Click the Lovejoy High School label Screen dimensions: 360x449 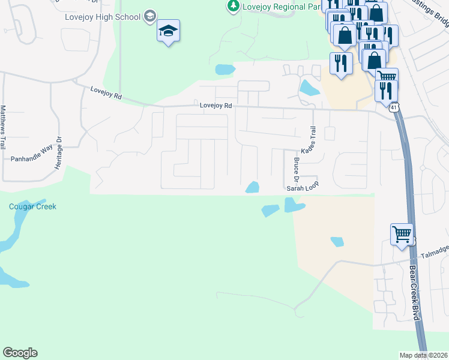[x=102, y=17]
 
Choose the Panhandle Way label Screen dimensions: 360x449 [x=32, y=160]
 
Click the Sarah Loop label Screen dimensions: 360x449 [x=301, y=188]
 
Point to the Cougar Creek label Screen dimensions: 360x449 [x=32, y=207]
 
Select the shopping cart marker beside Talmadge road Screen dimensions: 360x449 [x=402, y=233]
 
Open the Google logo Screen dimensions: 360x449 [x=20, y=353]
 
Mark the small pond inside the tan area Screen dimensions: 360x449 [x=337, y=242]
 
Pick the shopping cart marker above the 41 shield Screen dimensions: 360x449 [x=387, y=76]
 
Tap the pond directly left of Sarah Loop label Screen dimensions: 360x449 [x=253, y=188]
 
